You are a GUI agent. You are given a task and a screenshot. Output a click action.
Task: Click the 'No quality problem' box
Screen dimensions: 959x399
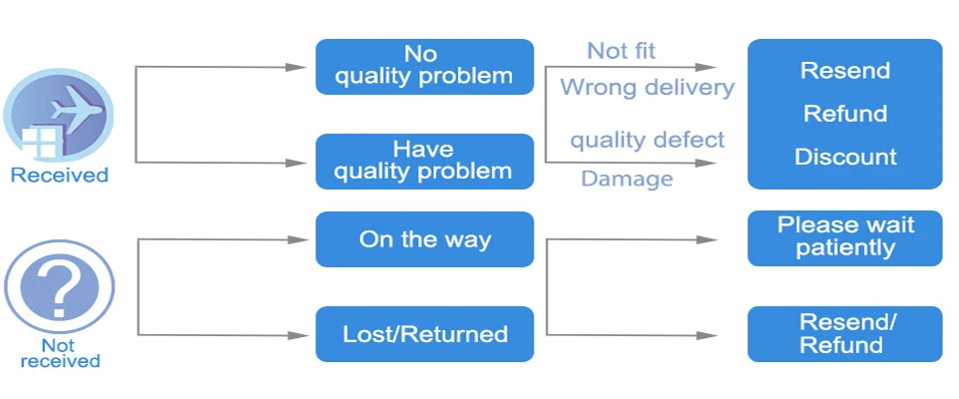[424, 67]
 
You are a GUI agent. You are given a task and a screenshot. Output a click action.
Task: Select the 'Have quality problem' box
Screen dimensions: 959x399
[424, 162]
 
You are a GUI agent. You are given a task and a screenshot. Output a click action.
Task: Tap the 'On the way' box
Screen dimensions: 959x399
[424, 239]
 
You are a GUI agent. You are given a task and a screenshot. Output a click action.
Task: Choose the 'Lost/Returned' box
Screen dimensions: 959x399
[424, 334]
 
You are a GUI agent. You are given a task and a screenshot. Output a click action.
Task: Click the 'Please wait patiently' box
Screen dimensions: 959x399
[844, 238]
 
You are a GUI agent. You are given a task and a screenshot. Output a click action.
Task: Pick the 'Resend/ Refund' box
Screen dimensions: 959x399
[844, 333]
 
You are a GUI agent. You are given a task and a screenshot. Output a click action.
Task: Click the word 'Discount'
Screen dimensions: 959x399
[845, 157]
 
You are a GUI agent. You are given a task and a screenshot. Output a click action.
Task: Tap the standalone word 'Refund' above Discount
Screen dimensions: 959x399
[845, 114]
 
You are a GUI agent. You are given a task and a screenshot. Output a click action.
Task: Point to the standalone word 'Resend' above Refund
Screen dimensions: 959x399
[845, 71]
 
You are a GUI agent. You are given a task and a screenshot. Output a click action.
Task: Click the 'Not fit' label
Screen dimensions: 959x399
[621, 51]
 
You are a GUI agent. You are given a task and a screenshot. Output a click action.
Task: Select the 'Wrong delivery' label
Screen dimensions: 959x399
[647, 88]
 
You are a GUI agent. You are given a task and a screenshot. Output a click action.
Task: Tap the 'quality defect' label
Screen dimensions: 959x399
[647, 140]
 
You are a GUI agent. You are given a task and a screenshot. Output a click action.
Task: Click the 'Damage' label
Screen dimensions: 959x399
[627, 179]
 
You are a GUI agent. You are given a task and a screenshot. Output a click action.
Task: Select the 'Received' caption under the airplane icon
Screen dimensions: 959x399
[59, 176]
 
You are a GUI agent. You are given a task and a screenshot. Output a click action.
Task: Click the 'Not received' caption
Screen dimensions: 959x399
[60, 353]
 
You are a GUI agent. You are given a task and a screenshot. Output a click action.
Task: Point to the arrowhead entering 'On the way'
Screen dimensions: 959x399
[297, 239]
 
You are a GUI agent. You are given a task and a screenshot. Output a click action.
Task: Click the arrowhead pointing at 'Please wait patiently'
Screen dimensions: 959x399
[707, 239]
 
